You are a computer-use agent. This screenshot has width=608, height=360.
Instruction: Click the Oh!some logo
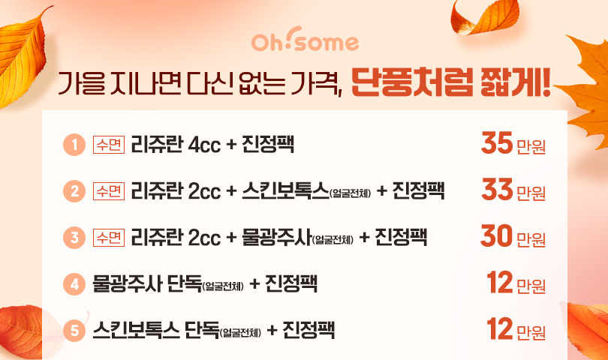pos(306,40)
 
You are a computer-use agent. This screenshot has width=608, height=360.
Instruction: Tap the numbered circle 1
pos(74,145)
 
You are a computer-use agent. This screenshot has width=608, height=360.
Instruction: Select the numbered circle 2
pos(74,191)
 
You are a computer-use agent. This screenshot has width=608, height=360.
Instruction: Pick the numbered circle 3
pos(74,238)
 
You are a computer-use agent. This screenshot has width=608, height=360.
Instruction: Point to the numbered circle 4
pos(74,284)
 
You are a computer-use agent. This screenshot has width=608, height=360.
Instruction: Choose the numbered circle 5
pos(74,331)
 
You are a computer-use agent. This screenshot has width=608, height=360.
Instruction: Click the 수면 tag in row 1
pos(109,145)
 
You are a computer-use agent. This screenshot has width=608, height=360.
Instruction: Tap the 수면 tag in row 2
pos(109,191)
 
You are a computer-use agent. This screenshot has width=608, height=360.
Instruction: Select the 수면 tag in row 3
pos(109,238)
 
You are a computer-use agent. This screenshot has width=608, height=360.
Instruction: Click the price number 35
pos(497,143)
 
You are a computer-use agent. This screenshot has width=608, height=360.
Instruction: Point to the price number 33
pos(497,190)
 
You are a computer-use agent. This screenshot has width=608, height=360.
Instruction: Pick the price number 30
pos(496,236)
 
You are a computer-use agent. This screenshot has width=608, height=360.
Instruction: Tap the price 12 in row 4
pos(500,283)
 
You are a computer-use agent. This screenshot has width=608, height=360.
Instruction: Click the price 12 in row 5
pos(500,329)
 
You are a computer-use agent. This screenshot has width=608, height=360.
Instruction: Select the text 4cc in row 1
pos(204,145)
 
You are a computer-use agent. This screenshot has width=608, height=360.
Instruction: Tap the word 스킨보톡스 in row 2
pos(285,191)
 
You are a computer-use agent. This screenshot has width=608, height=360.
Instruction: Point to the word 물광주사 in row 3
pos(277,237)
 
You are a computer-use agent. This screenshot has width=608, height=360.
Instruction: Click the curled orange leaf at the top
pos(485,16)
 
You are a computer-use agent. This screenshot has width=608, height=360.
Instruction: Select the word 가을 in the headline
pos(82,83)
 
